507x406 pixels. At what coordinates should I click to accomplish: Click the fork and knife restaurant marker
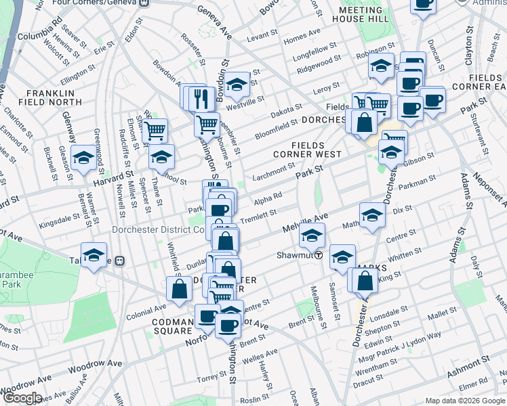pyautogui.click(x=200, y=99)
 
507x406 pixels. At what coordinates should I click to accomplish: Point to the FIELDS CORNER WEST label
pyautogui.click(x=317, y=150)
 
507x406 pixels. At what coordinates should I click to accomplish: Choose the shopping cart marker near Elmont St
pyautogui.click(x=155, y=130)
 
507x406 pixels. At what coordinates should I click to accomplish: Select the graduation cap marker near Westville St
pyautogui.click(x=237, y=84)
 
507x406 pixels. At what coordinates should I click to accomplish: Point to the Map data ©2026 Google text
pyautogui.click(x=464, y=401)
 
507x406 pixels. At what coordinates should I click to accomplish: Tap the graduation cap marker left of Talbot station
pyautogui.click(x=94, y=255)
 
